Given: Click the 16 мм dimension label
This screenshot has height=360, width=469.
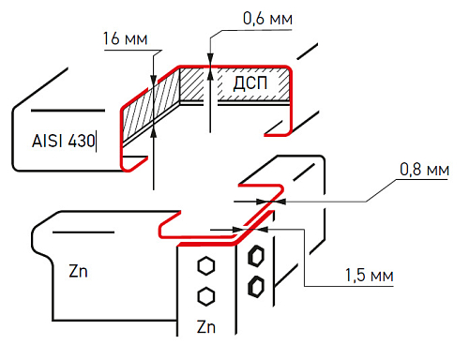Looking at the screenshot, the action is [x=125, y=38].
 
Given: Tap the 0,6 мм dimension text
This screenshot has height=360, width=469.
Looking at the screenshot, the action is [x=267, y=19].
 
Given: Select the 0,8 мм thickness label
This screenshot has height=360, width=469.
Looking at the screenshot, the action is [x=424, y=170].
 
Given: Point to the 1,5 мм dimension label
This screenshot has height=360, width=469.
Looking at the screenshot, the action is [x=369, y=276].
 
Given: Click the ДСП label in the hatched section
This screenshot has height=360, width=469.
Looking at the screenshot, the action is [x=250, y=83].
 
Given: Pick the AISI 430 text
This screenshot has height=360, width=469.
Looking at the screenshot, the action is [x=63, y=141].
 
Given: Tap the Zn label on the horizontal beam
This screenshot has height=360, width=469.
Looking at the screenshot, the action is [x=78, y=271].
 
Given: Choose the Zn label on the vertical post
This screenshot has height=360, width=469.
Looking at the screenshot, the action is [x=206, y=327].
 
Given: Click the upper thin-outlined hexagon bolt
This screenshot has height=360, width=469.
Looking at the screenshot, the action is [x=206, y=266].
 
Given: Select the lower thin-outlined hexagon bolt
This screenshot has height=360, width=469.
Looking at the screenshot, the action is [x=206, y=296].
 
